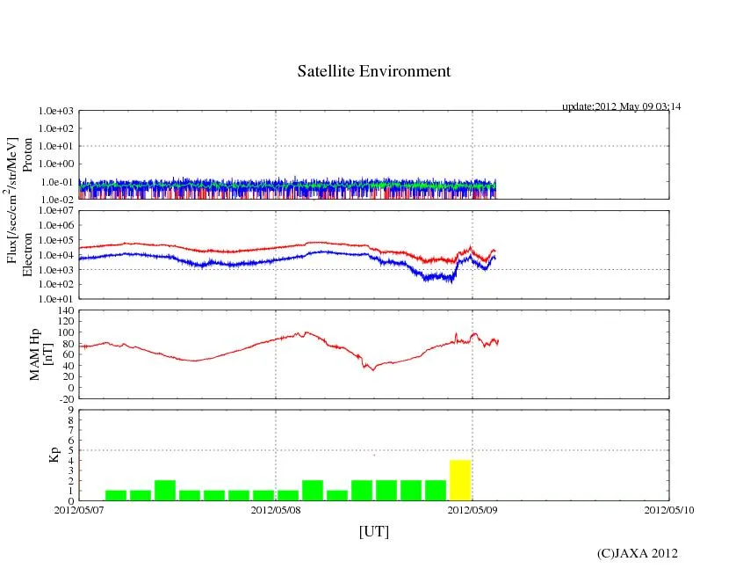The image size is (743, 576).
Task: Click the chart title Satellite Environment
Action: coord(373,71)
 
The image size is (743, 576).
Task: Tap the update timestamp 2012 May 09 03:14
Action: coord(621,106)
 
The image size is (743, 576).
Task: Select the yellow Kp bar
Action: coord(460,480)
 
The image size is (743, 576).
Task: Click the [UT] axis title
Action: coord(373,531)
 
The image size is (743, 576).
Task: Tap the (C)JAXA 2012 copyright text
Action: coord(637,553)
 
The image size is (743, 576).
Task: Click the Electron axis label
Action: coord(28,254)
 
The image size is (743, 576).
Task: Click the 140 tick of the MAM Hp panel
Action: coord(68,310)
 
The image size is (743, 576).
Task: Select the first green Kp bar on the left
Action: coord(116,495)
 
